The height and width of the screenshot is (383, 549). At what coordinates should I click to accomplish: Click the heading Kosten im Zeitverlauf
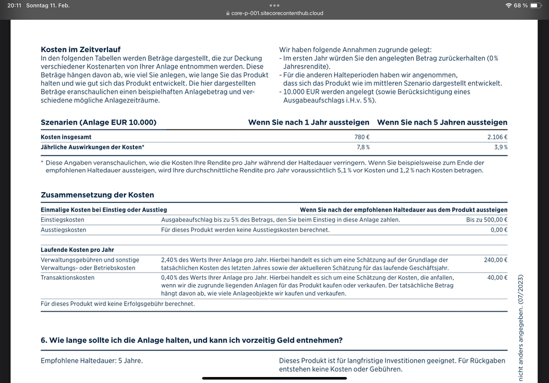pos(81,49)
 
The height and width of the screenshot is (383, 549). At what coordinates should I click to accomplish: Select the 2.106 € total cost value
pos(496,137)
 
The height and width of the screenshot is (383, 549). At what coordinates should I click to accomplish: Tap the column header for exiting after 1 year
pos(309,122)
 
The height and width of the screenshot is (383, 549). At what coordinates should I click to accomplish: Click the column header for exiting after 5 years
pos(442,122)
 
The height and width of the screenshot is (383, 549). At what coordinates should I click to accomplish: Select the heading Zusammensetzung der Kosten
pos(98,195)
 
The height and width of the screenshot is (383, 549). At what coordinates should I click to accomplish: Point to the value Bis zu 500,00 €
pos(486,219)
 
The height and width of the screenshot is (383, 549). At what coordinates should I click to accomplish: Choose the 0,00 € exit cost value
pos(498,229)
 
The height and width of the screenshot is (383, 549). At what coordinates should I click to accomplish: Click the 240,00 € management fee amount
pos(495,260)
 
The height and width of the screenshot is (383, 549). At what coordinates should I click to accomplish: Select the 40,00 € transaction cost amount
pos(497,278)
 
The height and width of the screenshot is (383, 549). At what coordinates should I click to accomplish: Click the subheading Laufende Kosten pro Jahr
pos(77,250)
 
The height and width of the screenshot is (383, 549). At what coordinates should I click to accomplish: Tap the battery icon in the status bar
pos(536,5)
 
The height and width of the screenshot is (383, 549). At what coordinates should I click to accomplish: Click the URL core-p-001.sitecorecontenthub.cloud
pos(277,13)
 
